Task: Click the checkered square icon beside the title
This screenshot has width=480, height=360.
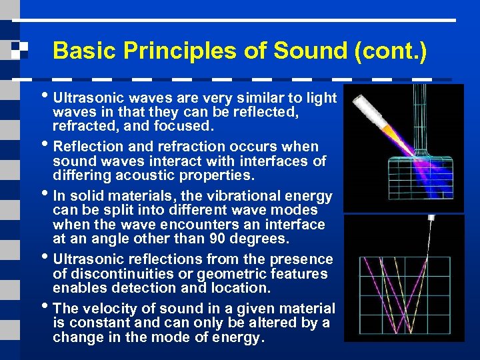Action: tap(18, 50)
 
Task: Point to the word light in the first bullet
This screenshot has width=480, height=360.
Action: tap(321, 98)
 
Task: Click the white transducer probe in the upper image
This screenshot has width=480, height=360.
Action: tap(373, 111)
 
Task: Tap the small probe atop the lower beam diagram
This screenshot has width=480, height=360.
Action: tap(431, 218)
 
